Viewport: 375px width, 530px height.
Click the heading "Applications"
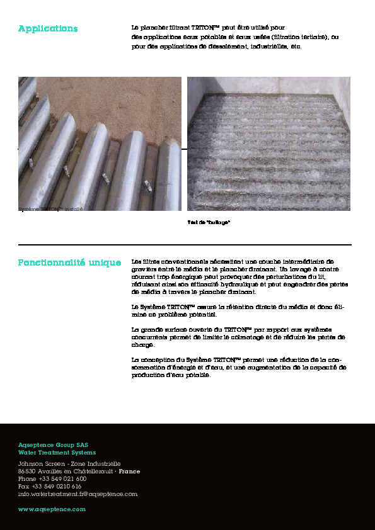tap(48, 29)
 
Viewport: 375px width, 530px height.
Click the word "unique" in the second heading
tap(105, 262)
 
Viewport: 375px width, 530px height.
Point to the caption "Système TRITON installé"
tap(50, 208)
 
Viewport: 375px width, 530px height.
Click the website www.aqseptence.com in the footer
tap(52, 509)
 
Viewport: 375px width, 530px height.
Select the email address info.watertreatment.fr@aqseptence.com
tap(78, 494)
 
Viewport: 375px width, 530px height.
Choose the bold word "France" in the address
tap(130, 471)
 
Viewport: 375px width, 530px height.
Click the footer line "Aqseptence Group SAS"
tap(54, 445)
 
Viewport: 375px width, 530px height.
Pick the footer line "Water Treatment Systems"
tap(57, 453)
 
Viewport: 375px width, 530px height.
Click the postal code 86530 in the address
tap(27, 471)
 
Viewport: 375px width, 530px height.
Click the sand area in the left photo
tap(126, 107)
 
